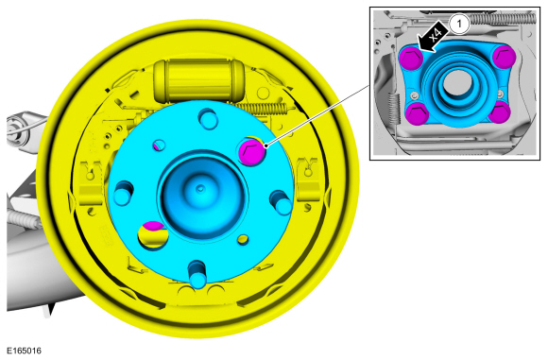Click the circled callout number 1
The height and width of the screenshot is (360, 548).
pyautogui.click(x=459, y=25)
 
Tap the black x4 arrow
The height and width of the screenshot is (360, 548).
pyautogui.click(x=432, y=37)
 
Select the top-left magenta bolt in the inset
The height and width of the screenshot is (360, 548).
pyautogui.click(x=411, y=58)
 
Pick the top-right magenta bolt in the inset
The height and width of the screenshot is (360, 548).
pyautogui.click(x=504, y=56)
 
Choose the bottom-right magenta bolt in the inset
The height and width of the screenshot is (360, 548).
pyautogui.click(x=499, y=112)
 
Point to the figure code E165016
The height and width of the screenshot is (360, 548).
pyautogui.click(x=25, y=351)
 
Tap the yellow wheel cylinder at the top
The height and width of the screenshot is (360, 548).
pyautogui.click(x=197, y=81)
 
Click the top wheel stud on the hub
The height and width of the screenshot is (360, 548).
pyautogui.click(x=208, y=119)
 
